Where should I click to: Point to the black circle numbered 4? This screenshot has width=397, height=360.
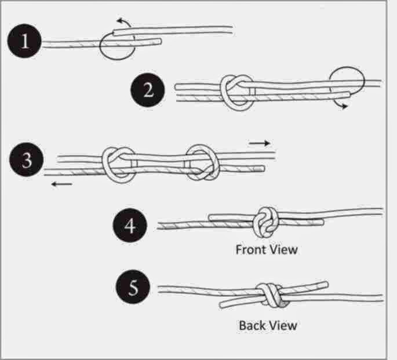tap(132, 225)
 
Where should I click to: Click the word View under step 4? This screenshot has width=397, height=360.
tap(284, 250)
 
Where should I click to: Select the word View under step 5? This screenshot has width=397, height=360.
tap(283, 325)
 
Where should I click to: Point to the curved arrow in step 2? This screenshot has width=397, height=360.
tap(343, 106)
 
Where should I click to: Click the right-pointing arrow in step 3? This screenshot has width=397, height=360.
tap(260, 143)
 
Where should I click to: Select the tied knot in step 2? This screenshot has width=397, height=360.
tap(236, 91)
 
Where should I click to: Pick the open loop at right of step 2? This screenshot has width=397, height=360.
tap(346, 81)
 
